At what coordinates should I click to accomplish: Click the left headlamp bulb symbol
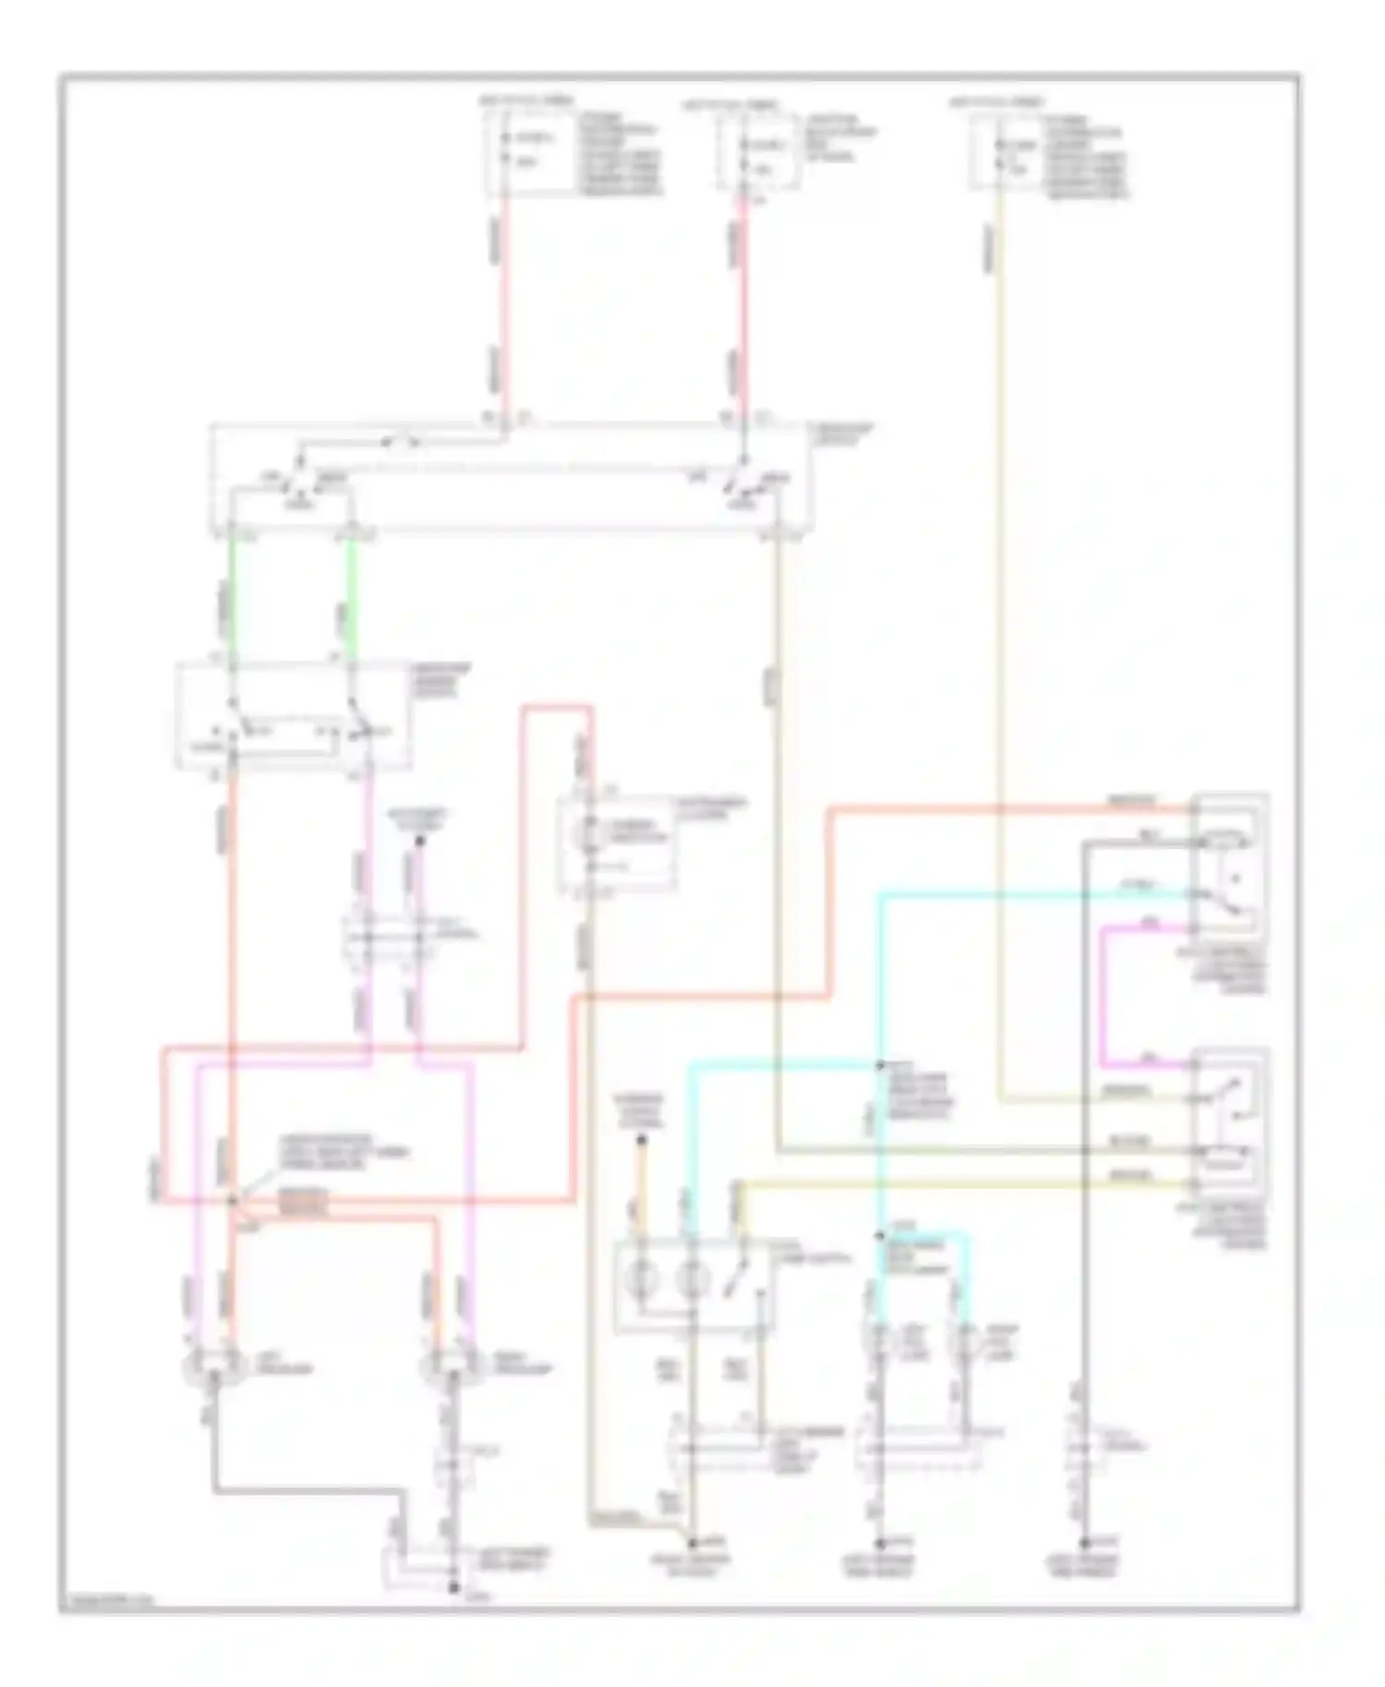click(214, 1362)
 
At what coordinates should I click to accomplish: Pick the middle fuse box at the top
click(759, 152)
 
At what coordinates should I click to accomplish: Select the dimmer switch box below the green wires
click(294, 715)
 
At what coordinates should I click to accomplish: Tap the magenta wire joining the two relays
click(1104, 997)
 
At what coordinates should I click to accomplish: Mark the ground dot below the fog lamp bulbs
click(880, 1542)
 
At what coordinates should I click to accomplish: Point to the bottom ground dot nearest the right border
click(1086, 1542)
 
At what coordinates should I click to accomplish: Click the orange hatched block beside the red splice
click(303, 1202)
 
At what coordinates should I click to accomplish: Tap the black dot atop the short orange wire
click(642, 1141)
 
